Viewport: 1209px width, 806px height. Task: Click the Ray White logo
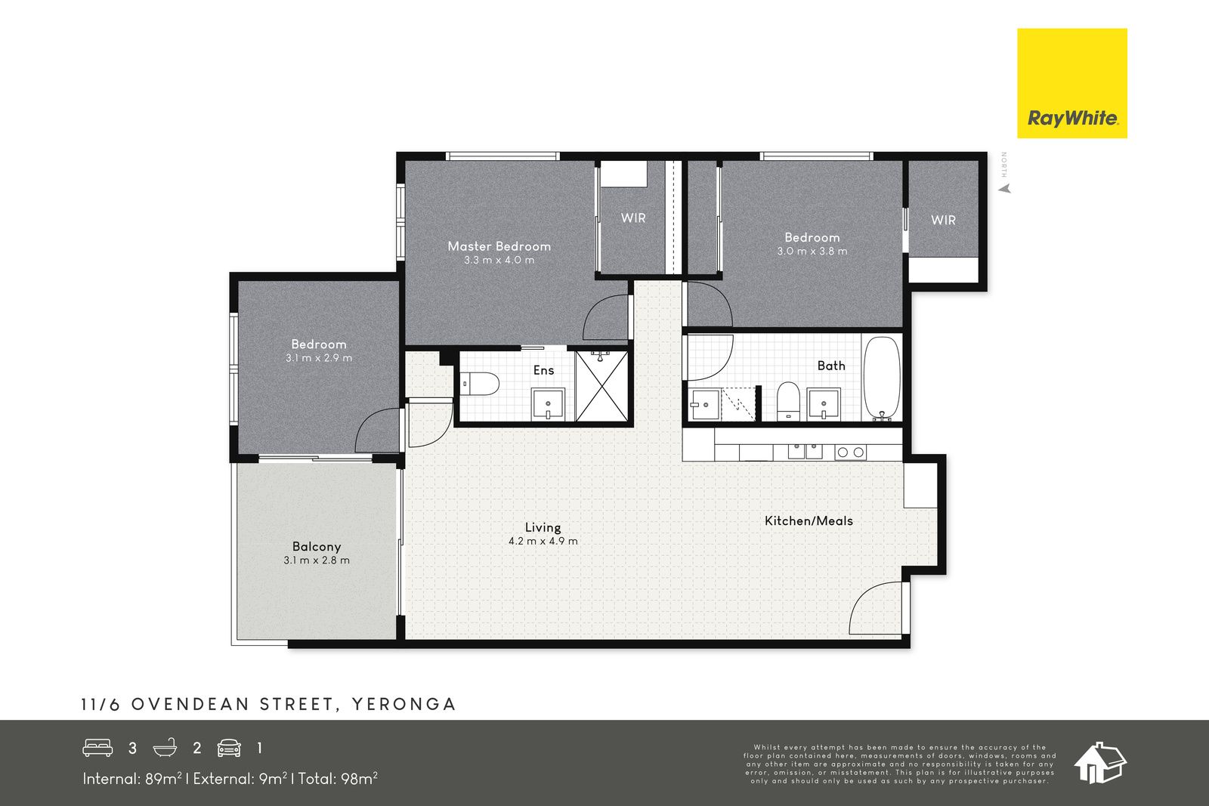(1072, 83)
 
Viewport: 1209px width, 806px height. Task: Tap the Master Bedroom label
(499, 246)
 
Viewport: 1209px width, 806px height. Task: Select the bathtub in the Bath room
(883, 378)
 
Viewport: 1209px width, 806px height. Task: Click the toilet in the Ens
(480, 384)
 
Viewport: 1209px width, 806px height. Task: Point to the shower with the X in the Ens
(601, 386)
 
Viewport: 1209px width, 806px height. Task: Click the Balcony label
(317, 546)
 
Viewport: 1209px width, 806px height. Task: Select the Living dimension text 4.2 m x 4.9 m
(543, 541)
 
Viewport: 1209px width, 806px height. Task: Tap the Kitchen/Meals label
(809, 521)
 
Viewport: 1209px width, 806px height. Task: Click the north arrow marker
(1004, 189)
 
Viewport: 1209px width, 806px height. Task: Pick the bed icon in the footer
(97, 748)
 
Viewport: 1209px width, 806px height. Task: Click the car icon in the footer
(229, 749)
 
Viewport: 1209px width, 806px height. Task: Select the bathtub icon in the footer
(165, 748)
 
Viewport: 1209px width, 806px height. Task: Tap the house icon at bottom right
(1100, 763)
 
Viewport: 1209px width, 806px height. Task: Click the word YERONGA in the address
(404, 705)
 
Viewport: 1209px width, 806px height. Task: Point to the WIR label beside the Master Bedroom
(633, 218)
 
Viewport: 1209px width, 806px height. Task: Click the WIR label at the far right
(943, 220)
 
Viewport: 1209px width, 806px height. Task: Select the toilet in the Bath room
(788, 401)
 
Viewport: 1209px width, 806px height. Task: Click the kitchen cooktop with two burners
(850, 452)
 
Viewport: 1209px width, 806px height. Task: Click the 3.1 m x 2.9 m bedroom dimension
(319, 358)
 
